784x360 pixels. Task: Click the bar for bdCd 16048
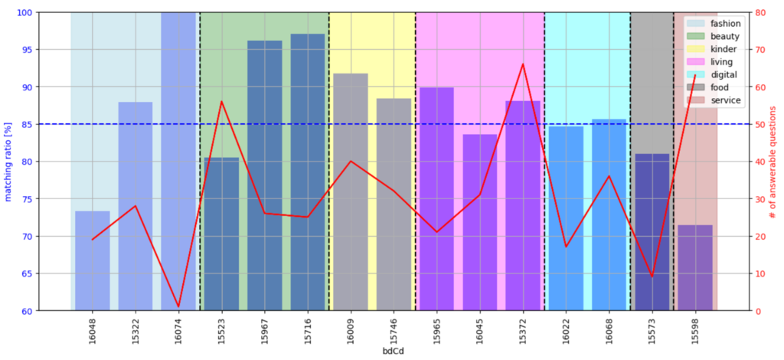(93, 260)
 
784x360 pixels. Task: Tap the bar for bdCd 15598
(695, 268)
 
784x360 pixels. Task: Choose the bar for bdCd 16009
(351, 191)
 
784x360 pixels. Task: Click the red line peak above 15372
(523, 64)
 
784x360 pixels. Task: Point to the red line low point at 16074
(178, 306)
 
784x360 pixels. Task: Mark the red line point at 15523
(221, 101)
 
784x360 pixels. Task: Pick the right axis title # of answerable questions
(773, 162)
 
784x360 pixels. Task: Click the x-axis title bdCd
(394, 352)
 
